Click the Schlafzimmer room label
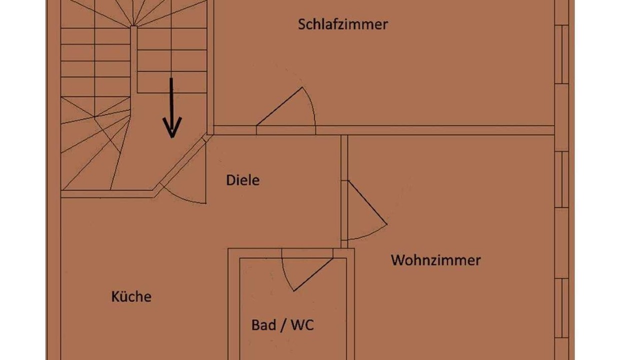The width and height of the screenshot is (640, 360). [343, 24]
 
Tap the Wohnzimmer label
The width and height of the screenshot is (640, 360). [435, 260]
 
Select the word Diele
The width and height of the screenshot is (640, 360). [243, 180]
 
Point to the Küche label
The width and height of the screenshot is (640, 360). [131, 296]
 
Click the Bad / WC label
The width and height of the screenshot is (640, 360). [282, 325]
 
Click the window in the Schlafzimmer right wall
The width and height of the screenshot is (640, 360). [562, 54]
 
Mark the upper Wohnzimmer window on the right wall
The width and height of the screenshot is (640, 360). [562, 179]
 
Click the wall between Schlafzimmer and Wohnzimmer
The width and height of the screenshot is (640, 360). [450, 130]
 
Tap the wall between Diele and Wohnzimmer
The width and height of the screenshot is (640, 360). [344, 160]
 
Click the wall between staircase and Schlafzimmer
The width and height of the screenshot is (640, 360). [210, 65]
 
